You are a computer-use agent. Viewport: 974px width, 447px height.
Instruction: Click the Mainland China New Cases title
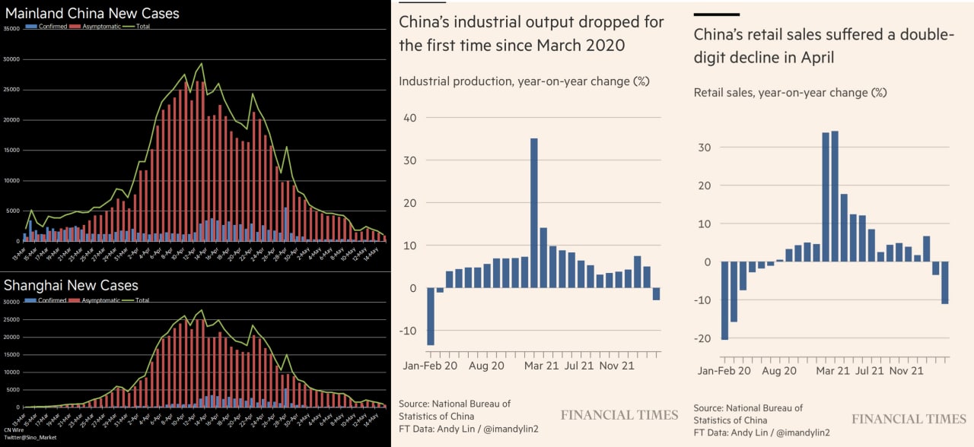click(x=92, y=13)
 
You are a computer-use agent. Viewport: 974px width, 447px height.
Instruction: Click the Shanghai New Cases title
click(x=71, y=285)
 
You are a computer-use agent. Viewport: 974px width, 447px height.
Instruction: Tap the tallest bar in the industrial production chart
click(x=533, y=213)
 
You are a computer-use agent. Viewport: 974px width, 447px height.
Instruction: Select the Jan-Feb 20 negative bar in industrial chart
click(x=431, y=316)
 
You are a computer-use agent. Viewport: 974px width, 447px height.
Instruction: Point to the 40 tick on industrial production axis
click(x=411, y=118)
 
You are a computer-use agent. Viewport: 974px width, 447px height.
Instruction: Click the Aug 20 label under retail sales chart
click(x=778, y=371)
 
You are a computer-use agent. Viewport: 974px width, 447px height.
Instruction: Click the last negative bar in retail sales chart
click(x=944, y=283)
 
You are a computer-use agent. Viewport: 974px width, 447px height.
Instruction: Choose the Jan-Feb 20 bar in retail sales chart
click(x=724, y=300)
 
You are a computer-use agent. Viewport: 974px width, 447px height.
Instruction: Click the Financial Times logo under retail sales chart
click(x=909, y=419)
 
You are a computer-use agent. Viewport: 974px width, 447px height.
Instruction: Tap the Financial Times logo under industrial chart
click(x=619, y=415)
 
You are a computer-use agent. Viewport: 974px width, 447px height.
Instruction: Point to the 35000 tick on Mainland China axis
click(x=11, y=29)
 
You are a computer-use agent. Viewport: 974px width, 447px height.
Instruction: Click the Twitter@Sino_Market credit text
click(x=26, y=439)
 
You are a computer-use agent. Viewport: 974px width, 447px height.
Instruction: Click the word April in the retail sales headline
click(x=811, y=57)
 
